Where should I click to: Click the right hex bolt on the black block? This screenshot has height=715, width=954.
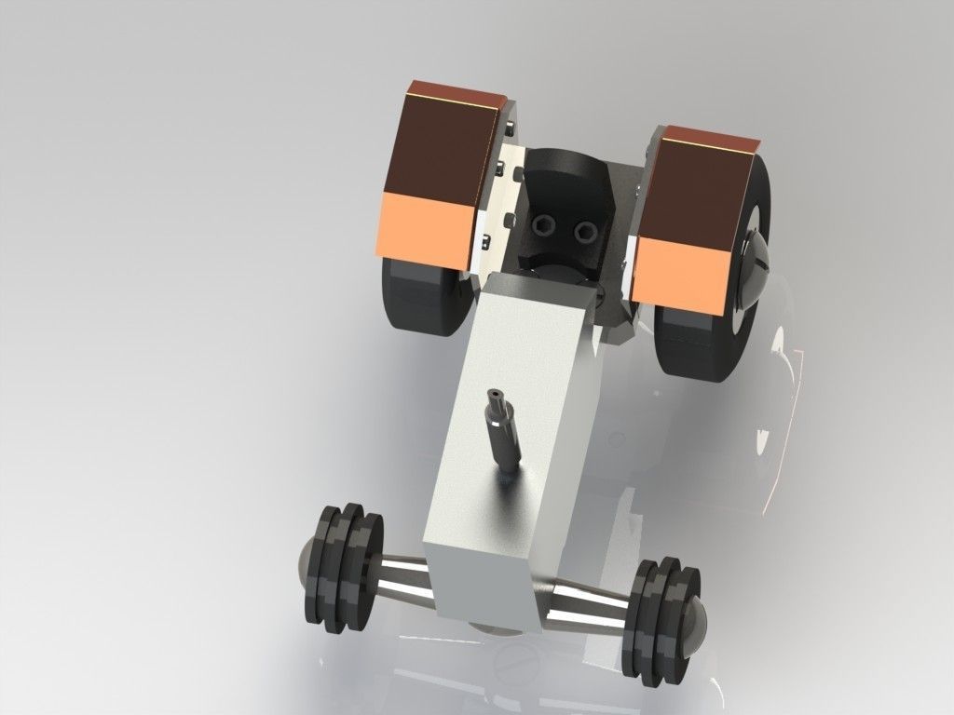[x=585, y=229]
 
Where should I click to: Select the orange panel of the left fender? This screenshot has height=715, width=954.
[x=423, y=226]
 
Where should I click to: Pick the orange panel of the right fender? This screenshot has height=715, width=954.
[x=678, y=269]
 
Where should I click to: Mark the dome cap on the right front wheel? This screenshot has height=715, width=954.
[x=697, y=634]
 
